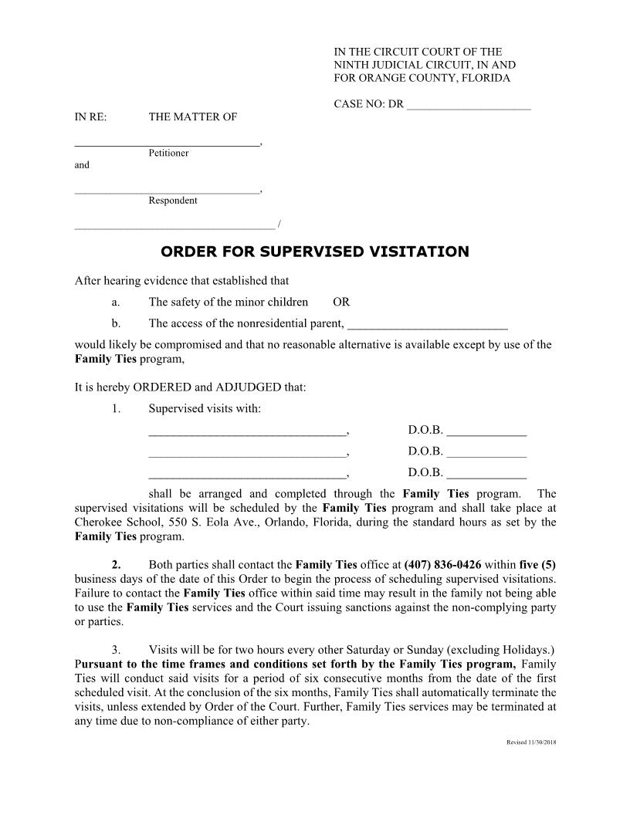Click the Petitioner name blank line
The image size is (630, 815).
[x=167, y=141]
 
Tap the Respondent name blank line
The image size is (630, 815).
[x=167, y=189]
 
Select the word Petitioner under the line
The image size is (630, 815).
[x=168, y=153]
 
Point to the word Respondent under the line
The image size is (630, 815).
[x=172, y=201]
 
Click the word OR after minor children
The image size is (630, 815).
[x=341, y=302]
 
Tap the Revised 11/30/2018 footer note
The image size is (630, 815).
[x=531, y=742]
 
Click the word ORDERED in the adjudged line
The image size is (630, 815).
[x=164, y=387]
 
